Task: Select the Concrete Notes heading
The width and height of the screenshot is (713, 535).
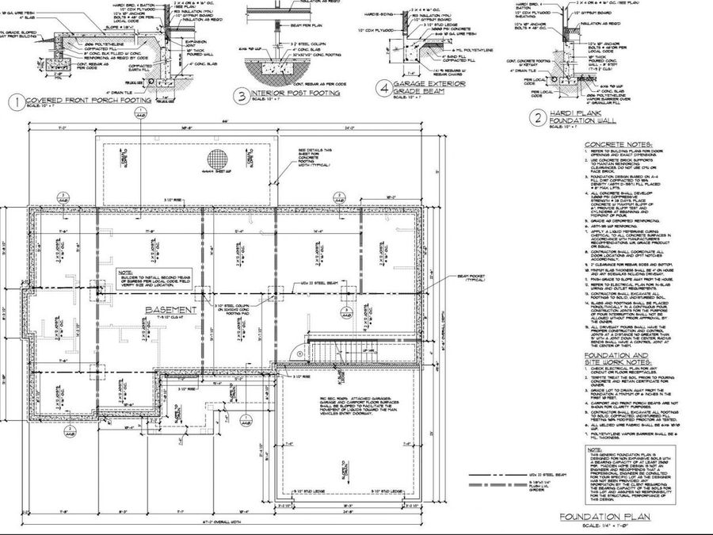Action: point(618,145)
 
